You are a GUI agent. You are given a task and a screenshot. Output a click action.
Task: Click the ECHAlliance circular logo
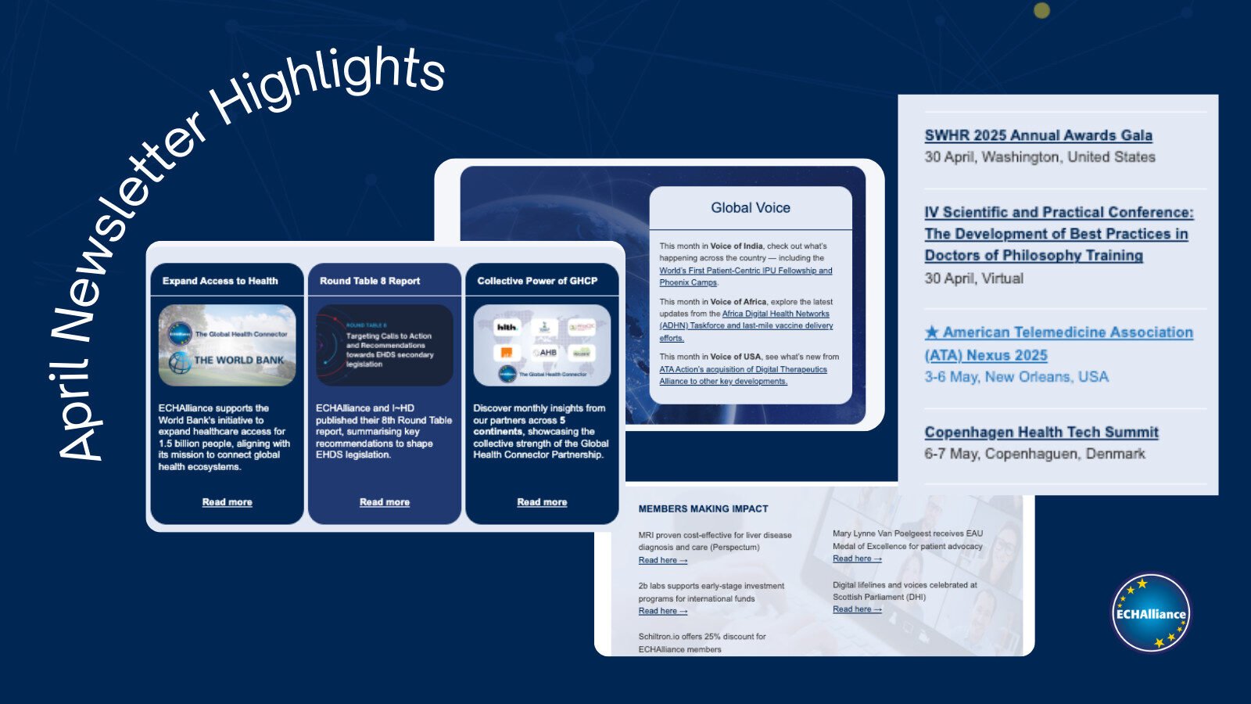[1150, 612]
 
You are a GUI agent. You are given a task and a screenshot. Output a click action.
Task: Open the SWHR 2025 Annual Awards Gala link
[1038, 135]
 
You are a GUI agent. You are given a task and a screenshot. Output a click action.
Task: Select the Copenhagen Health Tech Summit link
[1041, 432]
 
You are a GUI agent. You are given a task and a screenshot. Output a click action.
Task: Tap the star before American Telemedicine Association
[931, 332]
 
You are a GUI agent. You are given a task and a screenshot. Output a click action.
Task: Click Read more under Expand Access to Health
[227, 502]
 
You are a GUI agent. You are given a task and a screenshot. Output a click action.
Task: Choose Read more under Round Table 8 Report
[384, 502]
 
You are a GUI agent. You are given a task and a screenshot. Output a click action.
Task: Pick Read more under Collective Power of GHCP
[542, 502]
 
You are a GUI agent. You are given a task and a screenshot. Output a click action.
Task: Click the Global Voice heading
[750, 208]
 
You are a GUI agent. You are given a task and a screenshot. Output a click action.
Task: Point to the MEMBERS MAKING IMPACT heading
[703, 508]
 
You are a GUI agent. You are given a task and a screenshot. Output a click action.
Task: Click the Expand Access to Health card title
[220, 281]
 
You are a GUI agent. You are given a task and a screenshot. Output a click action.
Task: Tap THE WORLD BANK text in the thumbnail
[238, 361]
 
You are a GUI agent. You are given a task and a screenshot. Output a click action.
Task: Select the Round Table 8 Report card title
[369, 281]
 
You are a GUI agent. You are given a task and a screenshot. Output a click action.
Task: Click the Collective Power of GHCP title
[537, 281]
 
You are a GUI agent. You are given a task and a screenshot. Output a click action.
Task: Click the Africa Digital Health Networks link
[776, 314]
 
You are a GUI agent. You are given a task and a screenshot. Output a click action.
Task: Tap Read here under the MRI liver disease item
[662, 560]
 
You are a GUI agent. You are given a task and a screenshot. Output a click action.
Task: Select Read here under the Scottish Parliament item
[856, 609]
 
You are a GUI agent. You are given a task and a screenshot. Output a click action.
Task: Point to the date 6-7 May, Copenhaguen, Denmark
[1034, 454]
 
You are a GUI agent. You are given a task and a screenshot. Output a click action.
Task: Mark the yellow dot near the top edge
[1041, 10]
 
